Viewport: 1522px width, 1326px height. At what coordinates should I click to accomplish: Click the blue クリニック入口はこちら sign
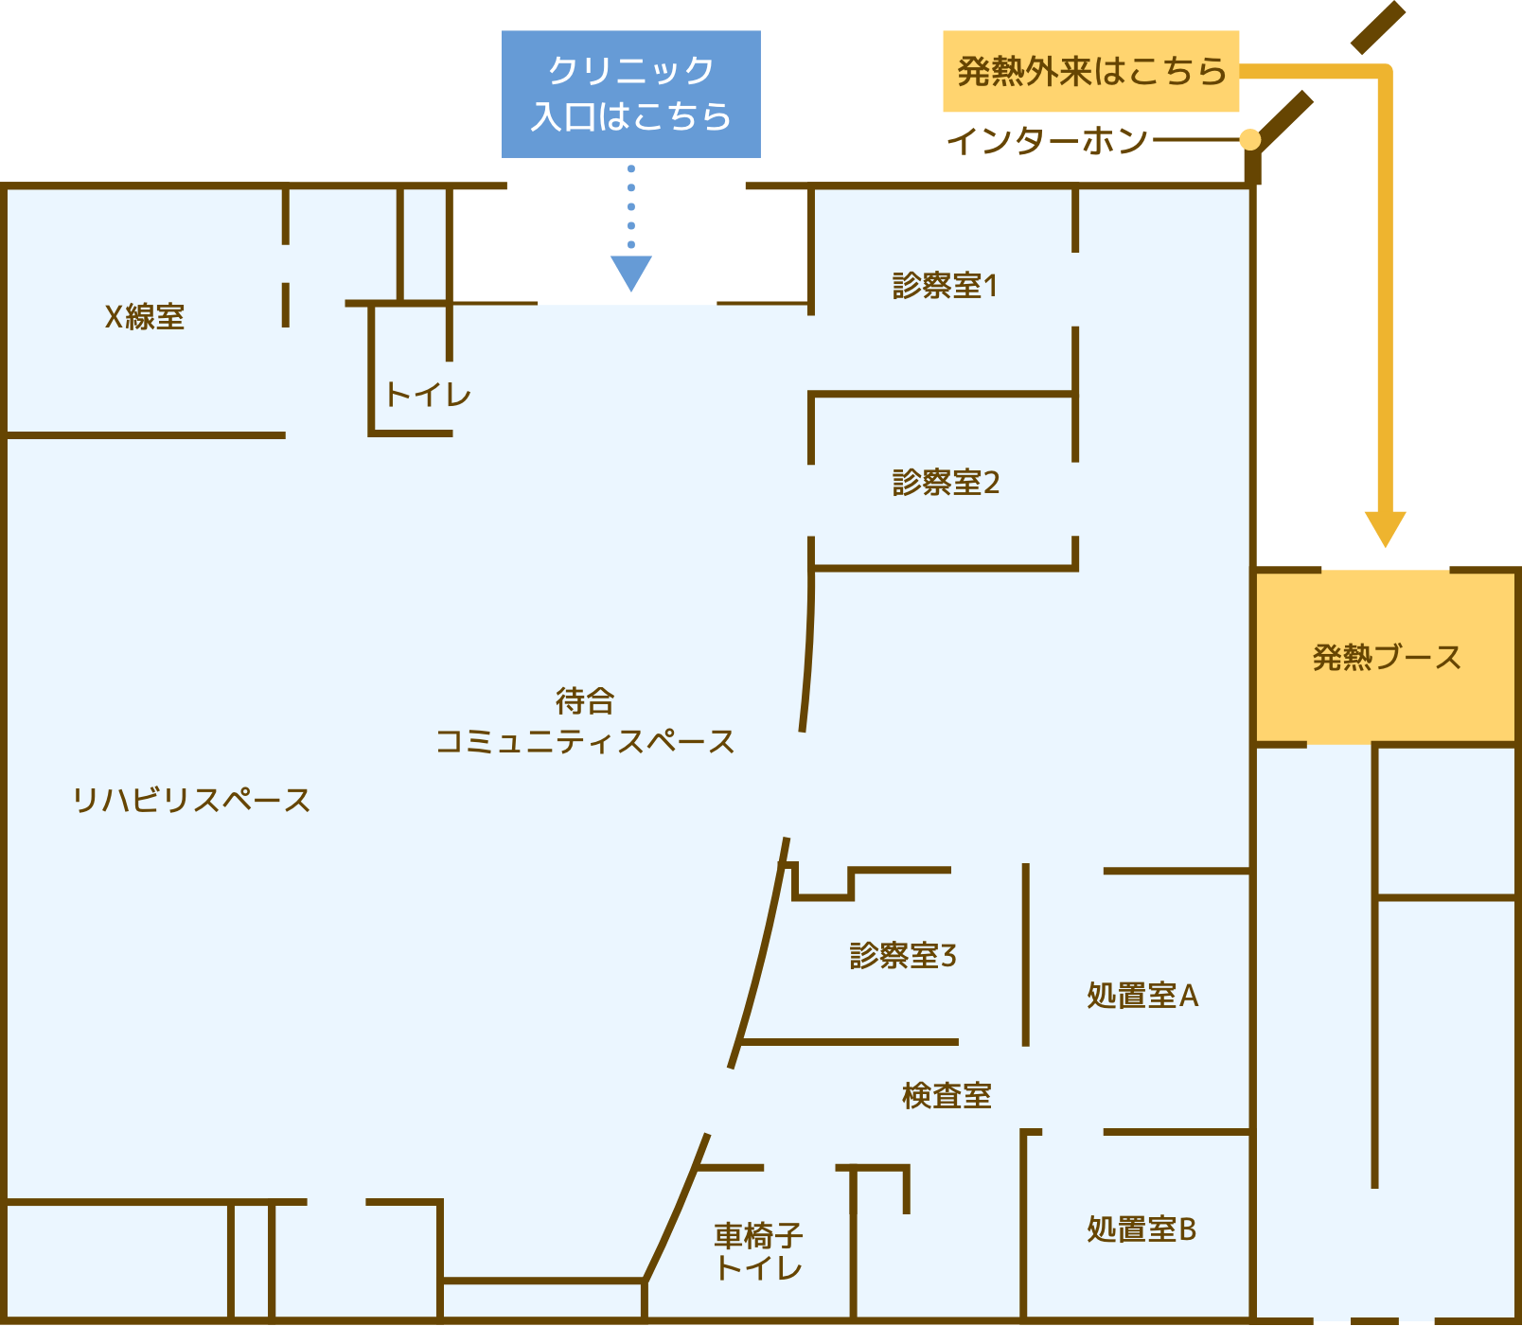pos(630,94)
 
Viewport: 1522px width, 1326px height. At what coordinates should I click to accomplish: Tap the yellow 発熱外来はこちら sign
pos(1090,71)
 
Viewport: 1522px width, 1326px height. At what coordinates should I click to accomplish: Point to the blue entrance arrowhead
pos(630,273)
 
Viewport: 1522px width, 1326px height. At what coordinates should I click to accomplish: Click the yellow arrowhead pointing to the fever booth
pos(1385,528)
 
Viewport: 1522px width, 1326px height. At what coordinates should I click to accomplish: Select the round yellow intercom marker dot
pos(1250,140)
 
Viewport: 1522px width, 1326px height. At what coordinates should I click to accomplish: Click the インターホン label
pos(1048,141)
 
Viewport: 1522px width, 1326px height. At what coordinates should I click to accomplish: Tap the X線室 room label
pos(144,316)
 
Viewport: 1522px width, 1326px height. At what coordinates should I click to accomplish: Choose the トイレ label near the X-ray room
pos(428,394)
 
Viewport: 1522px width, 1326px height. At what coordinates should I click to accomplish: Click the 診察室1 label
pos(945,286)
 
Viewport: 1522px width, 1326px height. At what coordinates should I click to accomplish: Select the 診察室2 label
pos(946,483)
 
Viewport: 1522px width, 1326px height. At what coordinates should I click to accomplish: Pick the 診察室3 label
pos(903,955)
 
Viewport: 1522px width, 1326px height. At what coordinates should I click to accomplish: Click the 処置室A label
pos(1142,996)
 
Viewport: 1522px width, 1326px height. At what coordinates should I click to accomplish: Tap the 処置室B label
pos(1141,1229)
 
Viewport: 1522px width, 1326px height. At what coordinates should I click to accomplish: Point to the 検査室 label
pos(947,1095)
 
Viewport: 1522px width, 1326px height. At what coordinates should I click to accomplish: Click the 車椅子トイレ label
pos(758,1250)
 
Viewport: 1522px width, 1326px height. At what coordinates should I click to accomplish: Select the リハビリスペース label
pos(191,800)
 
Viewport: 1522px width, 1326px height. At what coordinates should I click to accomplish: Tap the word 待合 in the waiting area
pos(585,701)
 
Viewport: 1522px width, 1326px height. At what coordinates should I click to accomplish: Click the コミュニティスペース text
pos(585,741)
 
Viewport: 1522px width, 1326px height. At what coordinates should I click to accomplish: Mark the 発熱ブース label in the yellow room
pos(1387,657)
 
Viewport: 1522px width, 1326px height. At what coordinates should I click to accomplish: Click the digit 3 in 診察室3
pos(948,955)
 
